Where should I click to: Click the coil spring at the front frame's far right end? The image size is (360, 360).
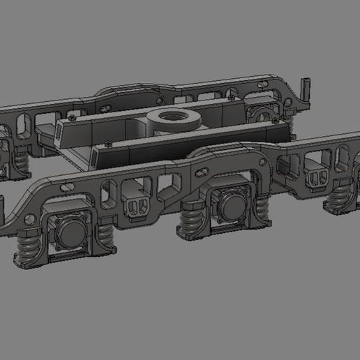(340, 195)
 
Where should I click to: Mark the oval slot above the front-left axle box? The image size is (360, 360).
(67, 187)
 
